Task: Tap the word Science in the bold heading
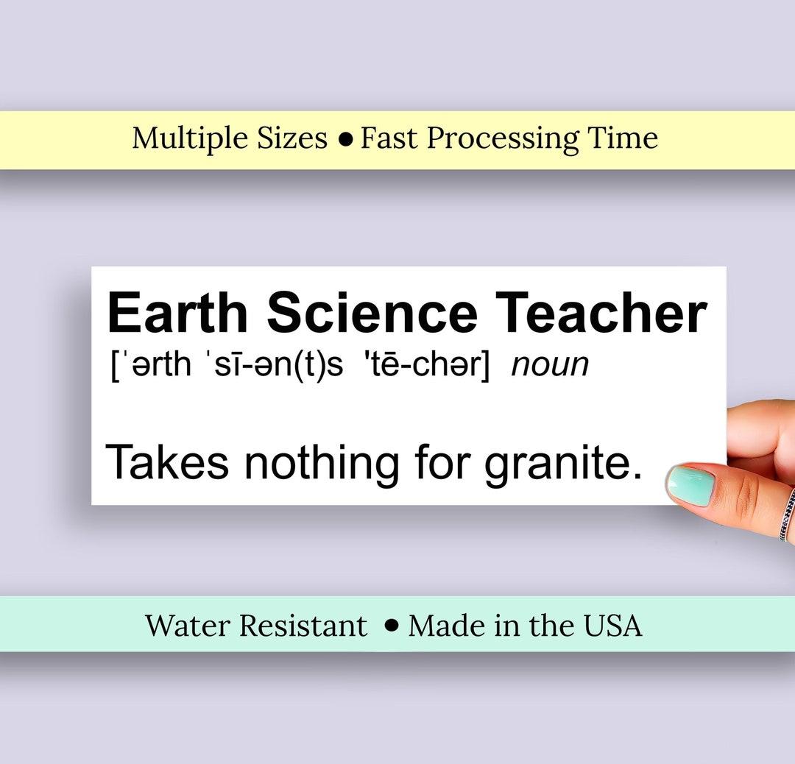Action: point(372,313)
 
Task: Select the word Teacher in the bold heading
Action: point(601,313)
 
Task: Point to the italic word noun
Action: point(550,365)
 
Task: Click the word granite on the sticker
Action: point(562,464)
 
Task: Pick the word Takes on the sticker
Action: point(167,462)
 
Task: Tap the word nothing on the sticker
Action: point(322,464)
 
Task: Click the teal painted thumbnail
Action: point(690,485)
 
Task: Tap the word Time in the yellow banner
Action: point(623,138)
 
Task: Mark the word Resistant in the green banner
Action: point(303,626)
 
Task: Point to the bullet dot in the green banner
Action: point(392,626)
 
